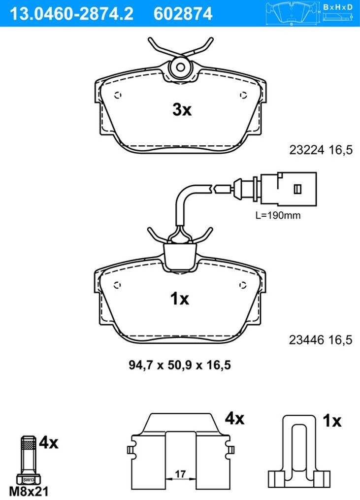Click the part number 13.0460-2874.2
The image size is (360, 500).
pyautogui.click(x=72, y=13)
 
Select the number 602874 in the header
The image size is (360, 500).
pyautogui.click(x=183, y=13)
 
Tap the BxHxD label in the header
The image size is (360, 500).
pyautogui.click(x=338, y=7)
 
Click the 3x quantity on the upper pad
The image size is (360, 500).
pyautogui.click(x=182, y=110)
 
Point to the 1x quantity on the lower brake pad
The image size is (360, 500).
pyautogui.click(x=180, y=299)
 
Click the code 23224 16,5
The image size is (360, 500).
pyautogui.click(x=321, y=150)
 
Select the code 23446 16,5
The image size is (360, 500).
pyautogui.click(x=321, y=340)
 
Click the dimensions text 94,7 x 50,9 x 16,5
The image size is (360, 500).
pyautogui.click(x=180, y=365)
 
